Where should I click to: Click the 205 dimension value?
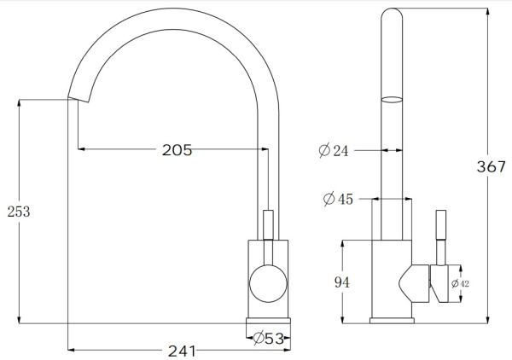point(177,150)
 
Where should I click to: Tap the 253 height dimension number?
point(18,212)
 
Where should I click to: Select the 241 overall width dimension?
point(181,351)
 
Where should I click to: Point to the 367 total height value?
point(492,167)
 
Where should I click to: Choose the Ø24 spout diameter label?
point(334,151)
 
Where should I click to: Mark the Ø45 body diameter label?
point(338,200)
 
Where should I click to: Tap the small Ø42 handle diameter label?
point(455,283)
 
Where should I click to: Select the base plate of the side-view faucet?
point(393,321)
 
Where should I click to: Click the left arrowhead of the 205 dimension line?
point(82,150)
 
